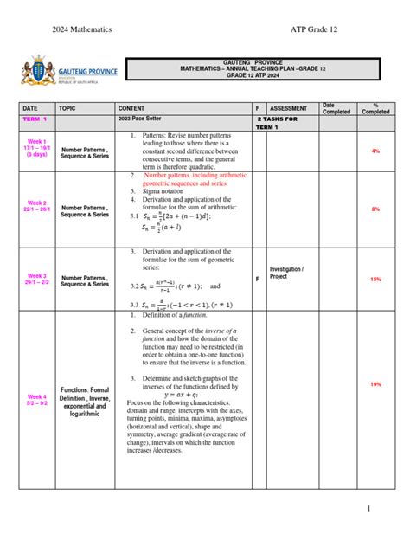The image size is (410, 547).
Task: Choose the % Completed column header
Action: tap(375, 107)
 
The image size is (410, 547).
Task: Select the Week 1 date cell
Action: tap(37, 147)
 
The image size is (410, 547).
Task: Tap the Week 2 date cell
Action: tap(37, 209)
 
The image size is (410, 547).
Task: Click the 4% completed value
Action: tap(375, 151)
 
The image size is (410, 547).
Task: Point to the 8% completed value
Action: tap(375, 209)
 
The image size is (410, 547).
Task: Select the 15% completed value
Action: tap(375, 279)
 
